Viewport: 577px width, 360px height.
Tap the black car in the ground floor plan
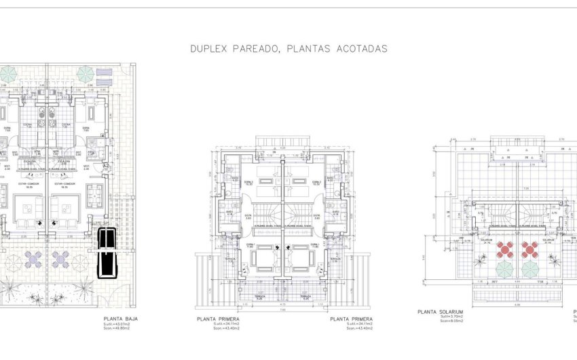[107, 253]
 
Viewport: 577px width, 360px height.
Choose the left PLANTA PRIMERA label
[218, 318]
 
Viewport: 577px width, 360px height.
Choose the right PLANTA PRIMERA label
[351, 318]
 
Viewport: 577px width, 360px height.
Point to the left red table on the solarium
[506, 249]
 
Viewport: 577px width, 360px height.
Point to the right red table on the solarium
[529, 249]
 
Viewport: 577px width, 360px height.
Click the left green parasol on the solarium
[504, 269]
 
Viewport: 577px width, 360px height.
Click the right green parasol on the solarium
[530, 269]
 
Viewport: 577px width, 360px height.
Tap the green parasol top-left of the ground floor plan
[7, 73]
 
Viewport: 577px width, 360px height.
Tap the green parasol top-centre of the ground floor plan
[86, 73]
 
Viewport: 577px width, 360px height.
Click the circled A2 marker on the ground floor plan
[106, 166]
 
